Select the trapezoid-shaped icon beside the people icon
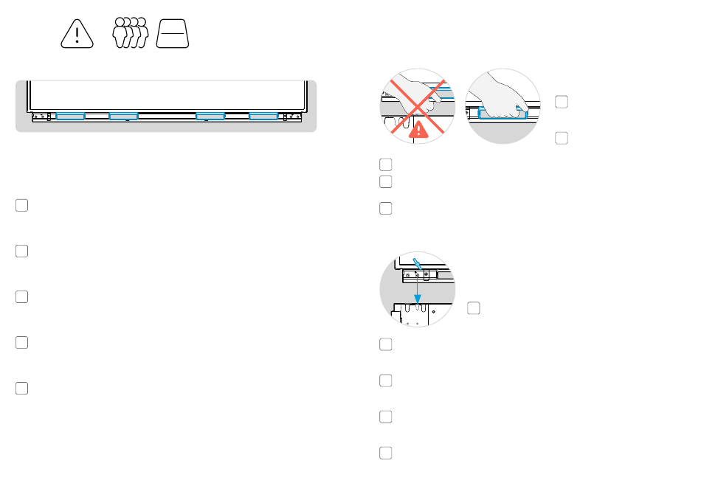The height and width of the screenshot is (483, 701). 173,35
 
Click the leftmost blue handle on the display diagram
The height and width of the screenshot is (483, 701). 71,116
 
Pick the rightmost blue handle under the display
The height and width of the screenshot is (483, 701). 263,116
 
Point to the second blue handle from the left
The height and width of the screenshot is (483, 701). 123,116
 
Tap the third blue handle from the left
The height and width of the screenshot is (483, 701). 210,116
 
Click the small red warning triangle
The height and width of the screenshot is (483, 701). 418,131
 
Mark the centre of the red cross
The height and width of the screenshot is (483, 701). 418,105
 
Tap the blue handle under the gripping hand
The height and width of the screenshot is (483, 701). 503,114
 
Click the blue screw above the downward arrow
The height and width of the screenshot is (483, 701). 418,263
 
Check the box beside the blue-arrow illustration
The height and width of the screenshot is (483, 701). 474,307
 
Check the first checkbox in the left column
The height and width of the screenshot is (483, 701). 22,205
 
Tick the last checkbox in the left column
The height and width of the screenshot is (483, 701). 22,388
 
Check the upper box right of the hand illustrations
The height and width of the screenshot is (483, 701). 562,102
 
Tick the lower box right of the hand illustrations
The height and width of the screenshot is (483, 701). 562,137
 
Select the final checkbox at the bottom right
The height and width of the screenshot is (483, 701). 386,453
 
